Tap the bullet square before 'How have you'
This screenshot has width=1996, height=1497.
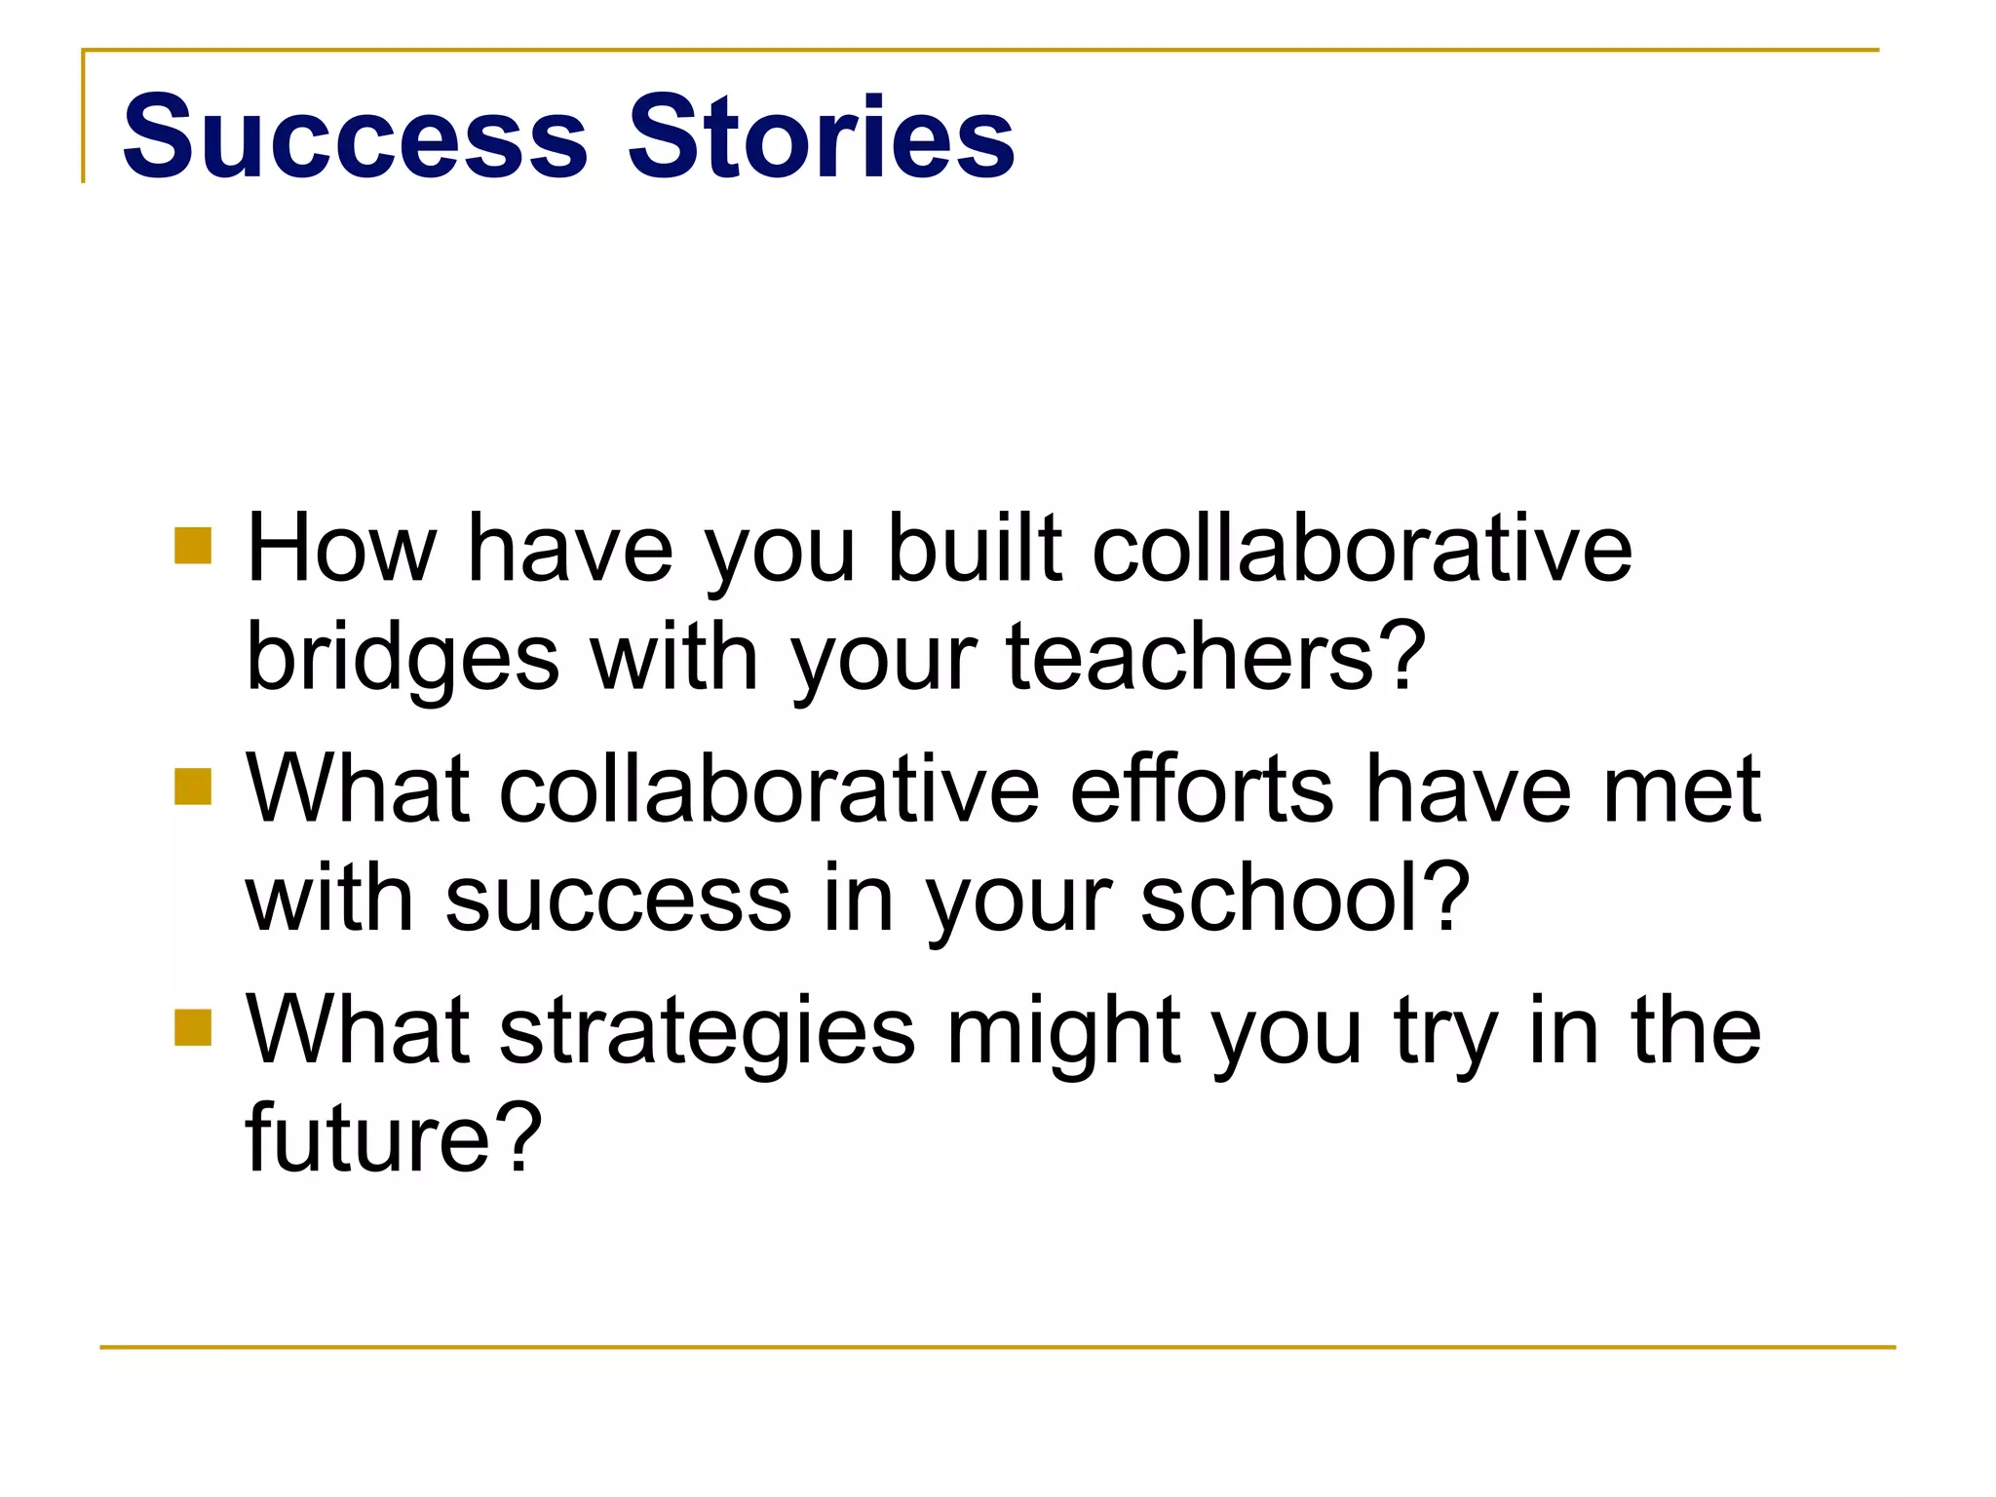tap(193, 546)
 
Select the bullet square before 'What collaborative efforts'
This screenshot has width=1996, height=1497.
tap(193, 787)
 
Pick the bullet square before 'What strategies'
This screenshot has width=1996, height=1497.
tap(193, 1027)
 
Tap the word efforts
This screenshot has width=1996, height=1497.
tap(1202, 788)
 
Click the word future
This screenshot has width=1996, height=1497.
tap(367, 1138)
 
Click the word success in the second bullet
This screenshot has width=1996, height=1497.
tap(619, 899)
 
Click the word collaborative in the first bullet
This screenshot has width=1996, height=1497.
tap(1362, 549)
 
